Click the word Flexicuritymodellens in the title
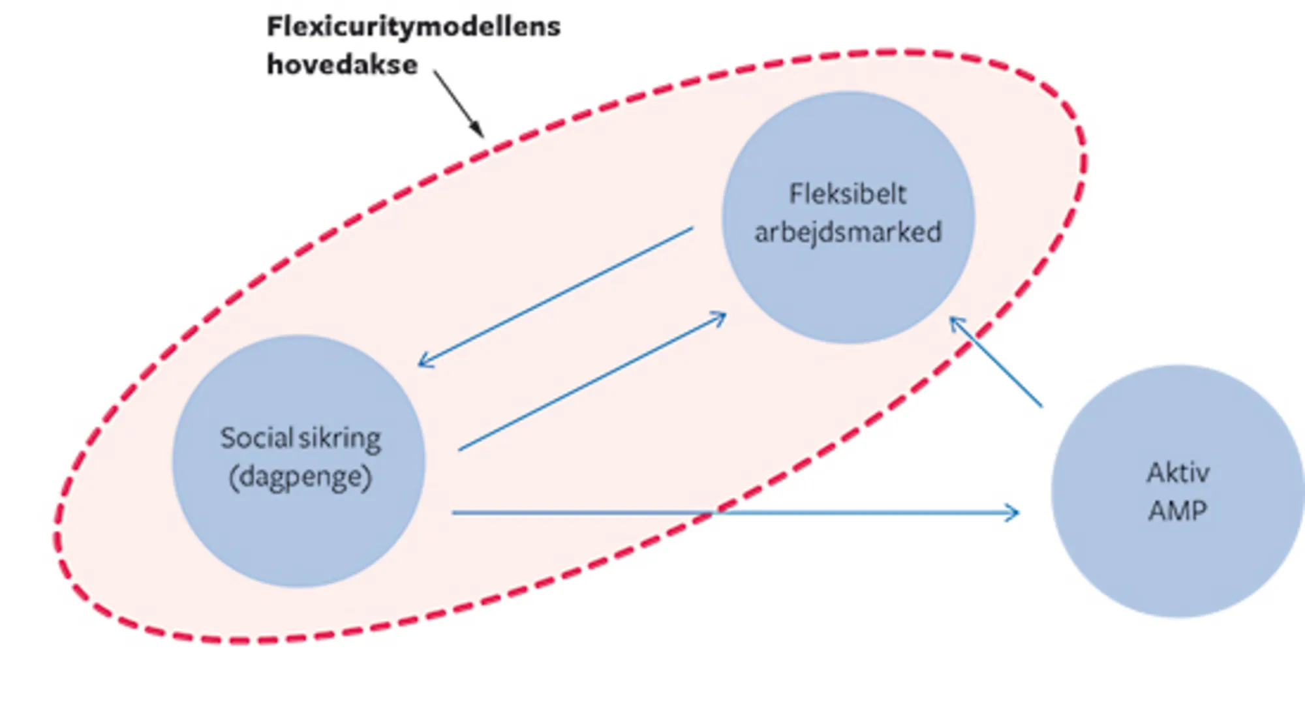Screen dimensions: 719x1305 (x=414, y=27)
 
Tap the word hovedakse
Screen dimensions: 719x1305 (x=342, y=65)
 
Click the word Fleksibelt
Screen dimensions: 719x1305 (x=848, y=194)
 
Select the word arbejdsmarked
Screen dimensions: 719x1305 (x=848, y=232)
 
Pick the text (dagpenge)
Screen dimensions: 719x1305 (x=300, y=477)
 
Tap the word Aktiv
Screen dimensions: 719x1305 (x=1178, y=472)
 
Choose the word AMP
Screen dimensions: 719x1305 (x=1177, y=510)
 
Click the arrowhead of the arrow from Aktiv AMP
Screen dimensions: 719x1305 (x=956, y=323)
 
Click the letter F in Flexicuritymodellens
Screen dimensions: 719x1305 (x=274, y=27)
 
